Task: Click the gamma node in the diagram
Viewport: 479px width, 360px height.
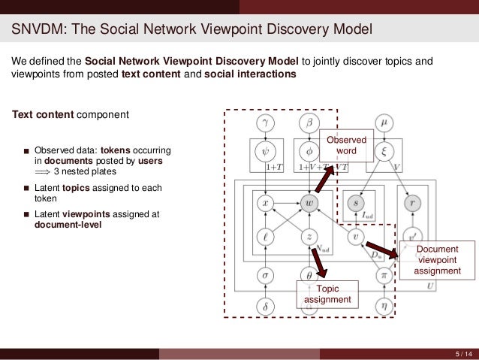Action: tap(264, 122)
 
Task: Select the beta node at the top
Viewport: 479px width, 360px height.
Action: tap(309, 122)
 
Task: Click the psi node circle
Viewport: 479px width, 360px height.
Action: tap(264, 152)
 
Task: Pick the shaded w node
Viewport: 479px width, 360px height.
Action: tap(309, 202)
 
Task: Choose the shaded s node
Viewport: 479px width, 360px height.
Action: tap(356, 201)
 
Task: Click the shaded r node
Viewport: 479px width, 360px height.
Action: tap(411, 201)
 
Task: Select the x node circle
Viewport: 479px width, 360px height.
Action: tap(264, 202)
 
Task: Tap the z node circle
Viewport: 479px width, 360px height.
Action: tap(309, 237)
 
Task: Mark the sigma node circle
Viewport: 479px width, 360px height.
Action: tap(264, 275)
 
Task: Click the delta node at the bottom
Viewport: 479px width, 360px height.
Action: tap(264, 307)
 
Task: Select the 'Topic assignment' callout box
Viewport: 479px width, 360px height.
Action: tap(327, 294)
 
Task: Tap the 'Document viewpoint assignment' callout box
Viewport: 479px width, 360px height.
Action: tap(436, 259)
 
